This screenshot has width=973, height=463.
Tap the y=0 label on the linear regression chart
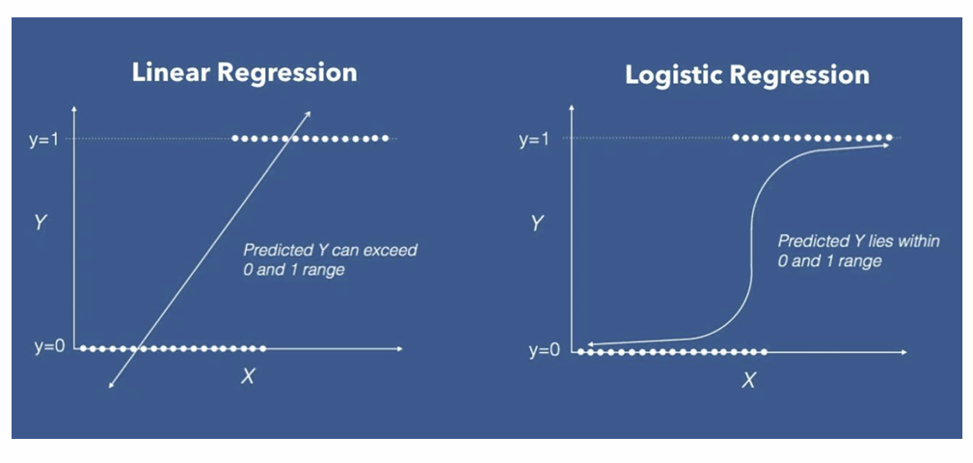click(x=49, y=347)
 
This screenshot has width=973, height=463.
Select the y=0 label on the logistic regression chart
click(x=544, y=351)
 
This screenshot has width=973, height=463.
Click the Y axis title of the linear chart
click(x=40, y=222)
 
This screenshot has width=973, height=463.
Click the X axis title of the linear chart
click(x=248, y=376)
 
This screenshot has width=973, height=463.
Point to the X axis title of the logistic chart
click(x=749, y=380)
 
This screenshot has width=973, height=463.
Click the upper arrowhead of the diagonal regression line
click(x=309, y=114)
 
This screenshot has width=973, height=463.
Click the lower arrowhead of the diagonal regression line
click(x=112, y=386)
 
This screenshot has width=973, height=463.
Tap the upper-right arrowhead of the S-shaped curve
click(x=883, y=146)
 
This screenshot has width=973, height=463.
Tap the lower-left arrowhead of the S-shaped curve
click(x=591, y=343)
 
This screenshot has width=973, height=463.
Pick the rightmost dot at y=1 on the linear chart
click(x=385, y=138)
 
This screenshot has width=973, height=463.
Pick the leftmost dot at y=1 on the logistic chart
click(x=736, y=137)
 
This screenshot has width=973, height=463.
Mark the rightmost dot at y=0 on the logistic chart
click(x=764, y=352)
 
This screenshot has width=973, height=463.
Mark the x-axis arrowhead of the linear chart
click(x=399, y=349)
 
